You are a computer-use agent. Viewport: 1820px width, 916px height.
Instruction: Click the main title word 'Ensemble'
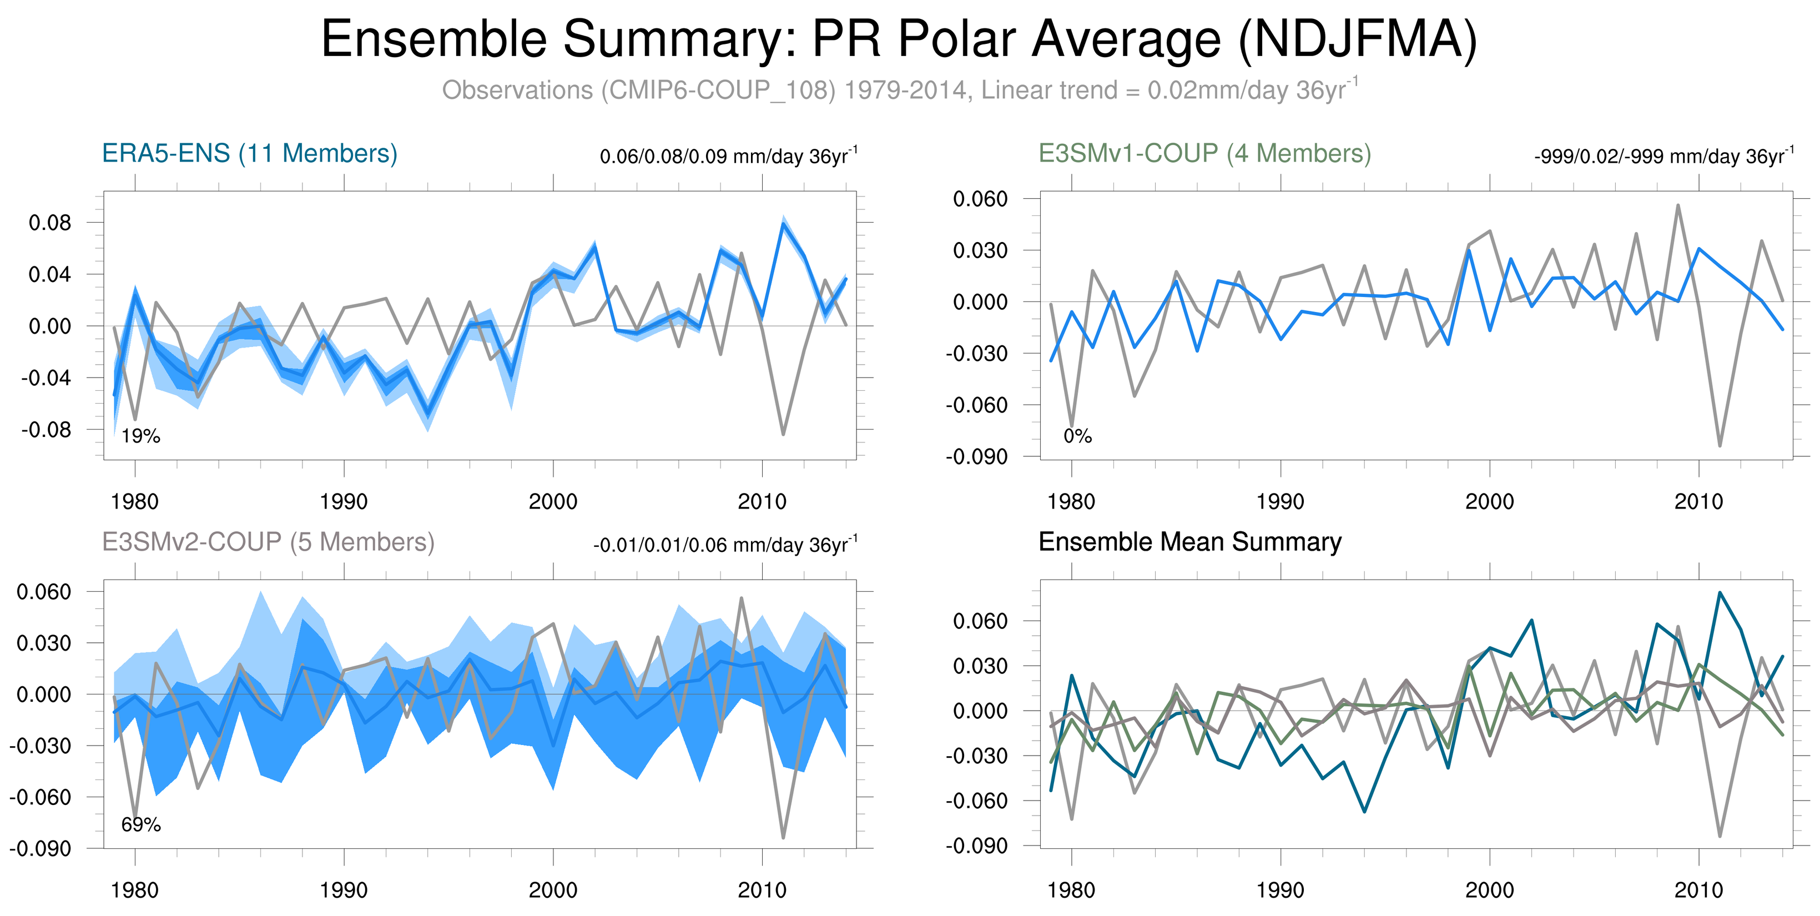pyautogui.click(x=435, y=39)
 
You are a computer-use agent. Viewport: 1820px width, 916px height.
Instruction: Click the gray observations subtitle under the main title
pyautogui.click(x=899, y=90)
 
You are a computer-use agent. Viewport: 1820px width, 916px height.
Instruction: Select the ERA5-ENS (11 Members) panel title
pyautogui.click(x=249, y=153)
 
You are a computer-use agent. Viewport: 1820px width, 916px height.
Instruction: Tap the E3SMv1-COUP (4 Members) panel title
pyautogui.click(x=1204, y=153)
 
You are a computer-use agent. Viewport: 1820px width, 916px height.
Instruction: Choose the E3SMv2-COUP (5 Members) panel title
pyautogui.click(x=268, y=542)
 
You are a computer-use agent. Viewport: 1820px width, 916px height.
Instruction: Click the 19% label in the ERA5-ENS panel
pyautogui.click(x=140, y=436)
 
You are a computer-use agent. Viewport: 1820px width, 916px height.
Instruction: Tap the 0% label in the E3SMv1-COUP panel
pyautogui.click(x=1077, y=436)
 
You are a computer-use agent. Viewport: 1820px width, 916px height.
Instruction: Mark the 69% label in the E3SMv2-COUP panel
pyautogui.click(x=140, y=825)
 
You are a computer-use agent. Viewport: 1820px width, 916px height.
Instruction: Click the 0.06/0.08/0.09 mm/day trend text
pyautogui.click(x=728, y=156)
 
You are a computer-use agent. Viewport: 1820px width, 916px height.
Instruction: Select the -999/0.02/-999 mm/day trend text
pyautogui.click(x=1663, y=156)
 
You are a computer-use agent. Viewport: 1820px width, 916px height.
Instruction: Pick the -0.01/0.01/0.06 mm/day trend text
pyautogui.click(x=725, y=545)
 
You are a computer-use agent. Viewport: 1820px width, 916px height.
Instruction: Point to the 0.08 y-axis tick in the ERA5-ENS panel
pyautogui.click(x=50, y=223)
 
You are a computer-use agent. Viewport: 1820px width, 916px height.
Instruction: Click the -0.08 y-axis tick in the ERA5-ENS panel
pyautogui.click(x=47, y=429)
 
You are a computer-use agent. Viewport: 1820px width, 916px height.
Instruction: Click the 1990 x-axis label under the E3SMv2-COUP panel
pyautogui.click(x=344, y=890)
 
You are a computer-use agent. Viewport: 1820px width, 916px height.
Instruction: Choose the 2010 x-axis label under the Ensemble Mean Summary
pyautogui.click(x=1698, y=890)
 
